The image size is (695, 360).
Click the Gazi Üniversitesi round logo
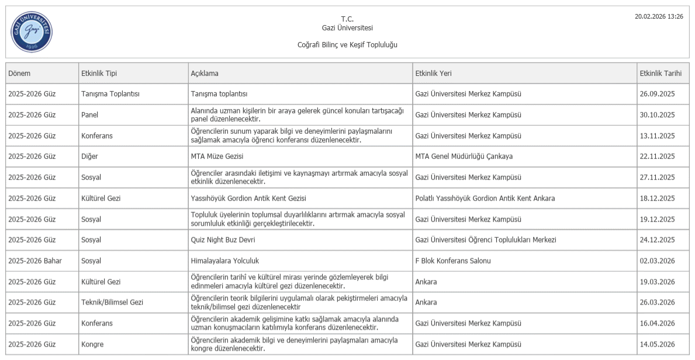[32, 32]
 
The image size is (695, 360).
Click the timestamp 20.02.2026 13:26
[659, 16]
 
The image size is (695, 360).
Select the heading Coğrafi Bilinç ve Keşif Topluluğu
[347, 45]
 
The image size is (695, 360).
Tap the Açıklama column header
[205, 73]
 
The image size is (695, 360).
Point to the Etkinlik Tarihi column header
[661, 73]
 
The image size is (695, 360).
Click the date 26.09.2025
[657, 94]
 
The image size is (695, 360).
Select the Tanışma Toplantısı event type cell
[110, 94]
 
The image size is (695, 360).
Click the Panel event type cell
[90, 115]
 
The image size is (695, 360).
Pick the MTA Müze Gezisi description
[217, 156]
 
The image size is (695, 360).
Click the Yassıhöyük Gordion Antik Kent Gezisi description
[248, 198]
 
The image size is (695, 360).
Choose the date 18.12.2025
[657, 198]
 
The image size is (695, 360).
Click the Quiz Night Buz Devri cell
[223, 240]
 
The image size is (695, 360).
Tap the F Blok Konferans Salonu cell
[453, 261]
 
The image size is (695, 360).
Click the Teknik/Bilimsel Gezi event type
[112, 302]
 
